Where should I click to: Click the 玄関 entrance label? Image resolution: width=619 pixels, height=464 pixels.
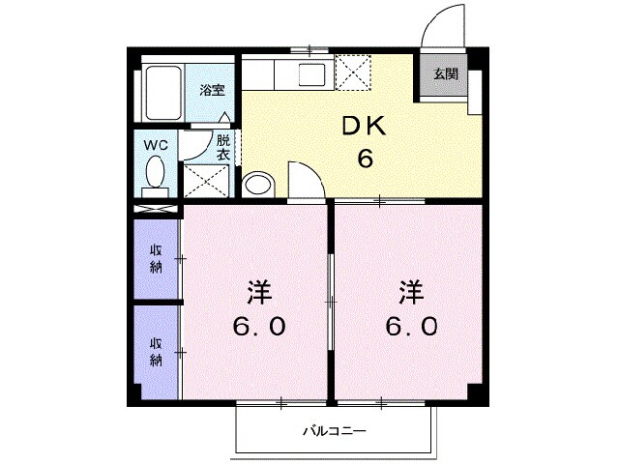[x=445, y=74]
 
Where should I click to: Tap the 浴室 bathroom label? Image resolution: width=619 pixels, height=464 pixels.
[x=212, y=91]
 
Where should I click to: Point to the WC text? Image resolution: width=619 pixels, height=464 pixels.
[x=156, y=145]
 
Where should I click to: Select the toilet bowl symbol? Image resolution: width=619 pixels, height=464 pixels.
[x=155, y=175]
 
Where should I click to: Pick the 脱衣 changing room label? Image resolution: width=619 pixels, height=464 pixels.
[x=222, y=147]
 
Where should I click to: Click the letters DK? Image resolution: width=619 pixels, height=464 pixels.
[x=366, y=127]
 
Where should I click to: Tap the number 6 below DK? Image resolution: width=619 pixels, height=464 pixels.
[x=366, y=159]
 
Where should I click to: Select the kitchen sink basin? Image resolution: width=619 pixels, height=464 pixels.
[x=313, y=75]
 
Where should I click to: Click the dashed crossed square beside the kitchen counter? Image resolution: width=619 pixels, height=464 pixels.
[x=350, y=72]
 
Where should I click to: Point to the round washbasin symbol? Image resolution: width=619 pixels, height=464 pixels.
[x=257, y=183]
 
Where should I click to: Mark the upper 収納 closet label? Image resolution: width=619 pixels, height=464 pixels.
[x=155, y=259]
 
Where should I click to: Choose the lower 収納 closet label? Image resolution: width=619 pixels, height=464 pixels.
[x=155, y=352]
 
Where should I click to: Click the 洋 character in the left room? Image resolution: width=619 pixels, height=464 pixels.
[x=257, y=290]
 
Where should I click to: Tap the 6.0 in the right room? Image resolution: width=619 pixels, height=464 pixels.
[x=411, y=326]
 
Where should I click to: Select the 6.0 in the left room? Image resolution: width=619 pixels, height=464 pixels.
[x=257, y=326]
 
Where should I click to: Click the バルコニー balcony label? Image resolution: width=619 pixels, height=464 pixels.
[x=334, y=429]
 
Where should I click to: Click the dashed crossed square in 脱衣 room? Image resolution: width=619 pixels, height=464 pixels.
[x=206, y=181]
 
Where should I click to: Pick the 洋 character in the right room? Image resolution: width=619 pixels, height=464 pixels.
[x=411, y=290]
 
